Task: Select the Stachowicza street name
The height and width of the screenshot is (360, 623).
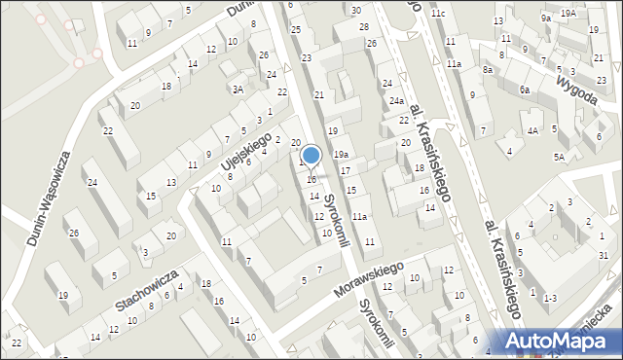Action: [x=146, y=290]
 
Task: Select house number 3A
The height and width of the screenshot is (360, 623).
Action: [x=238, y=90]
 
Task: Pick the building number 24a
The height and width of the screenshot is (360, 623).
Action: [x=396, y=100]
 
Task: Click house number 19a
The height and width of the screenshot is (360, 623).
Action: [x=341, y=154]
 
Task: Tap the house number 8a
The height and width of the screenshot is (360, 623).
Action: [x=487, y=70]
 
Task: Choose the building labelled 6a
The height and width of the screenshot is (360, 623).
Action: [x=524, y=90]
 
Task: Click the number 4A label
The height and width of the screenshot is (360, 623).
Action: [x=532, y=129]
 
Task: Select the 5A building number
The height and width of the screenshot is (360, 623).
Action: [x=559, y=157]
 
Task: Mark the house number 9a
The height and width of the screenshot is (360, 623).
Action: [x=546, y=18]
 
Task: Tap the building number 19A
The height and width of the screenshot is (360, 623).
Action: [x=568, y=13]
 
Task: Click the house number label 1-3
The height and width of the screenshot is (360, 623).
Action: [x=550, y=296]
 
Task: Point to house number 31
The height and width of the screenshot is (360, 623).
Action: [x=604, y=255]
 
